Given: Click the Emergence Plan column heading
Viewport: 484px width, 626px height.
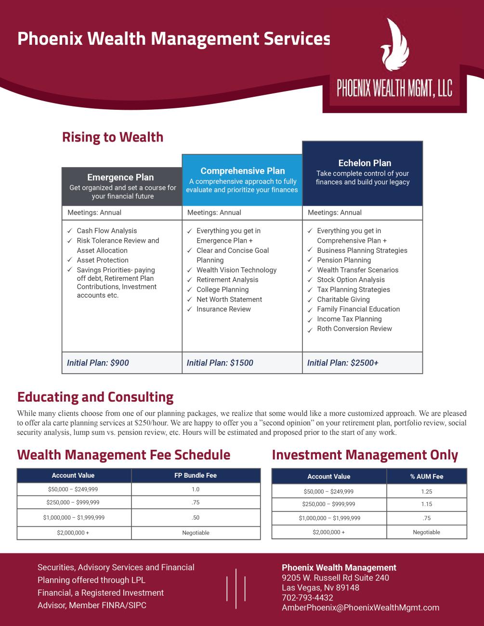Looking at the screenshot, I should [120, 177].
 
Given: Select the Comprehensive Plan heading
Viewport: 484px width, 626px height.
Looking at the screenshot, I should [243, 171].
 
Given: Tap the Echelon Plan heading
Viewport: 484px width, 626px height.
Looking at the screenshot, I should [365, 163].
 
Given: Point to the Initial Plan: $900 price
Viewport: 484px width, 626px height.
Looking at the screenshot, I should [98, 363].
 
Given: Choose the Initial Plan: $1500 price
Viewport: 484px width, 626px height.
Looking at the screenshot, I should [220, 363].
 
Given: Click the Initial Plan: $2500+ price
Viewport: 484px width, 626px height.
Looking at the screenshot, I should [343, 363].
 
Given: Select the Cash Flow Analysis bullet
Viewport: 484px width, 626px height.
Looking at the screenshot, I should [107, 231].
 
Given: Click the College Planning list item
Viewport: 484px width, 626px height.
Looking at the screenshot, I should [222, 289].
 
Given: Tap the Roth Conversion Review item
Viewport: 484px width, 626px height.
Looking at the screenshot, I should [354, 328].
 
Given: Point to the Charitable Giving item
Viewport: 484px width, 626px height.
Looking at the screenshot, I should [343, 299].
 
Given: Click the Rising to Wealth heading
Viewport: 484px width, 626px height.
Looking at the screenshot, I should [113, 137].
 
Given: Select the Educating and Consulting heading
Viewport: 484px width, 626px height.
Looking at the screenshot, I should [95, 397].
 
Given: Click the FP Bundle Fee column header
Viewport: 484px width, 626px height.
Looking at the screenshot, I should [196, 475].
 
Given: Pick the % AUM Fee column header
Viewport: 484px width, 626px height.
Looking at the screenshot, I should [427, 476].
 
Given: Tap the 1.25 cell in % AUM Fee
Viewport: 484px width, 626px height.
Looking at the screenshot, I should [427, 492].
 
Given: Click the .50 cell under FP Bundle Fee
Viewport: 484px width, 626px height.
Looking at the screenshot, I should [196, 518].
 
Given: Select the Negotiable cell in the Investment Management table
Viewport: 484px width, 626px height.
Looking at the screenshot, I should [427, 532].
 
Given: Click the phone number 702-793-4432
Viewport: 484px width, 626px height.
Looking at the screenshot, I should [307, 598].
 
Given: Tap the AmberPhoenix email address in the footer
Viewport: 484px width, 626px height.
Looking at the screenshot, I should [360, 608].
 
